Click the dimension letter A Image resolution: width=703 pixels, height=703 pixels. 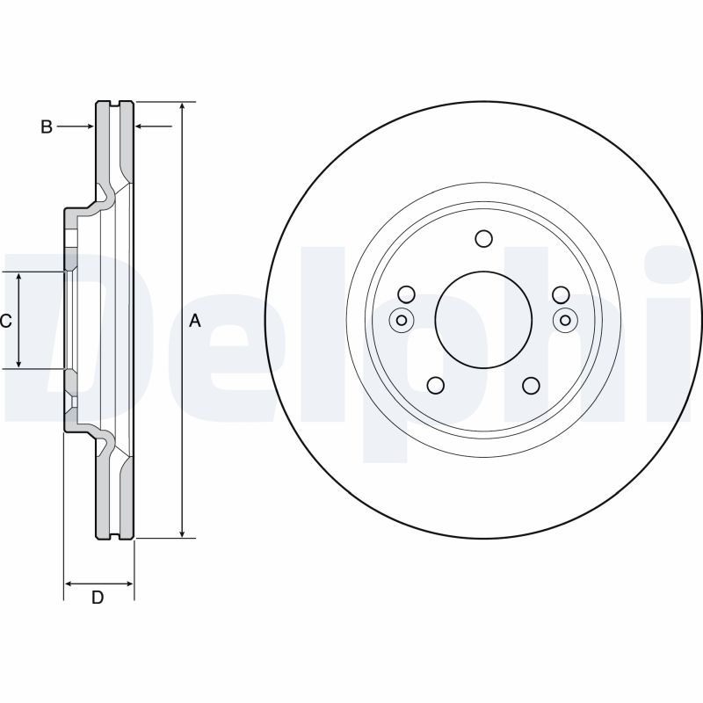(x=195, y=322)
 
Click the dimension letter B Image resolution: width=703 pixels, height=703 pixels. (x=47, y=127)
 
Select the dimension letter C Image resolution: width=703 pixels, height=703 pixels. (x=6, y=322)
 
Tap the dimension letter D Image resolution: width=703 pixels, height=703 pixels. (x=98, y=598)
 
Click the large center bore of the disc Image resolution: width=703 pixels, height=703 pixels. (x=483, y=318)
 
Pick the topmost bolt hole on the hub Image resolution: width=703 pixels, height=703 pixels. (x=483, y=238)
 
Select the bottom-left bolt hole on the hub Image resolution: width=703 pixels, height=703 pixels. (x=435, y=386)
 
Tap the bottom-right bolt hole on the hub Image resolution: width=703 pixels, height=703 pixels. (x=531, y=386)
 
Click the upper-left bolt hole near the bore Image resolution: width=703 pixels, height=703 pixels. (x=406, y=294)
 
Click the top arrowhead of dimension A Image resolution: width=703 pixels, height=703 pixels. (x=182, y=106)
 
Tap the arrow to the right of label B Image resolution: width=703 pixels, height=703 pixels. (x=87, y=127)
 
